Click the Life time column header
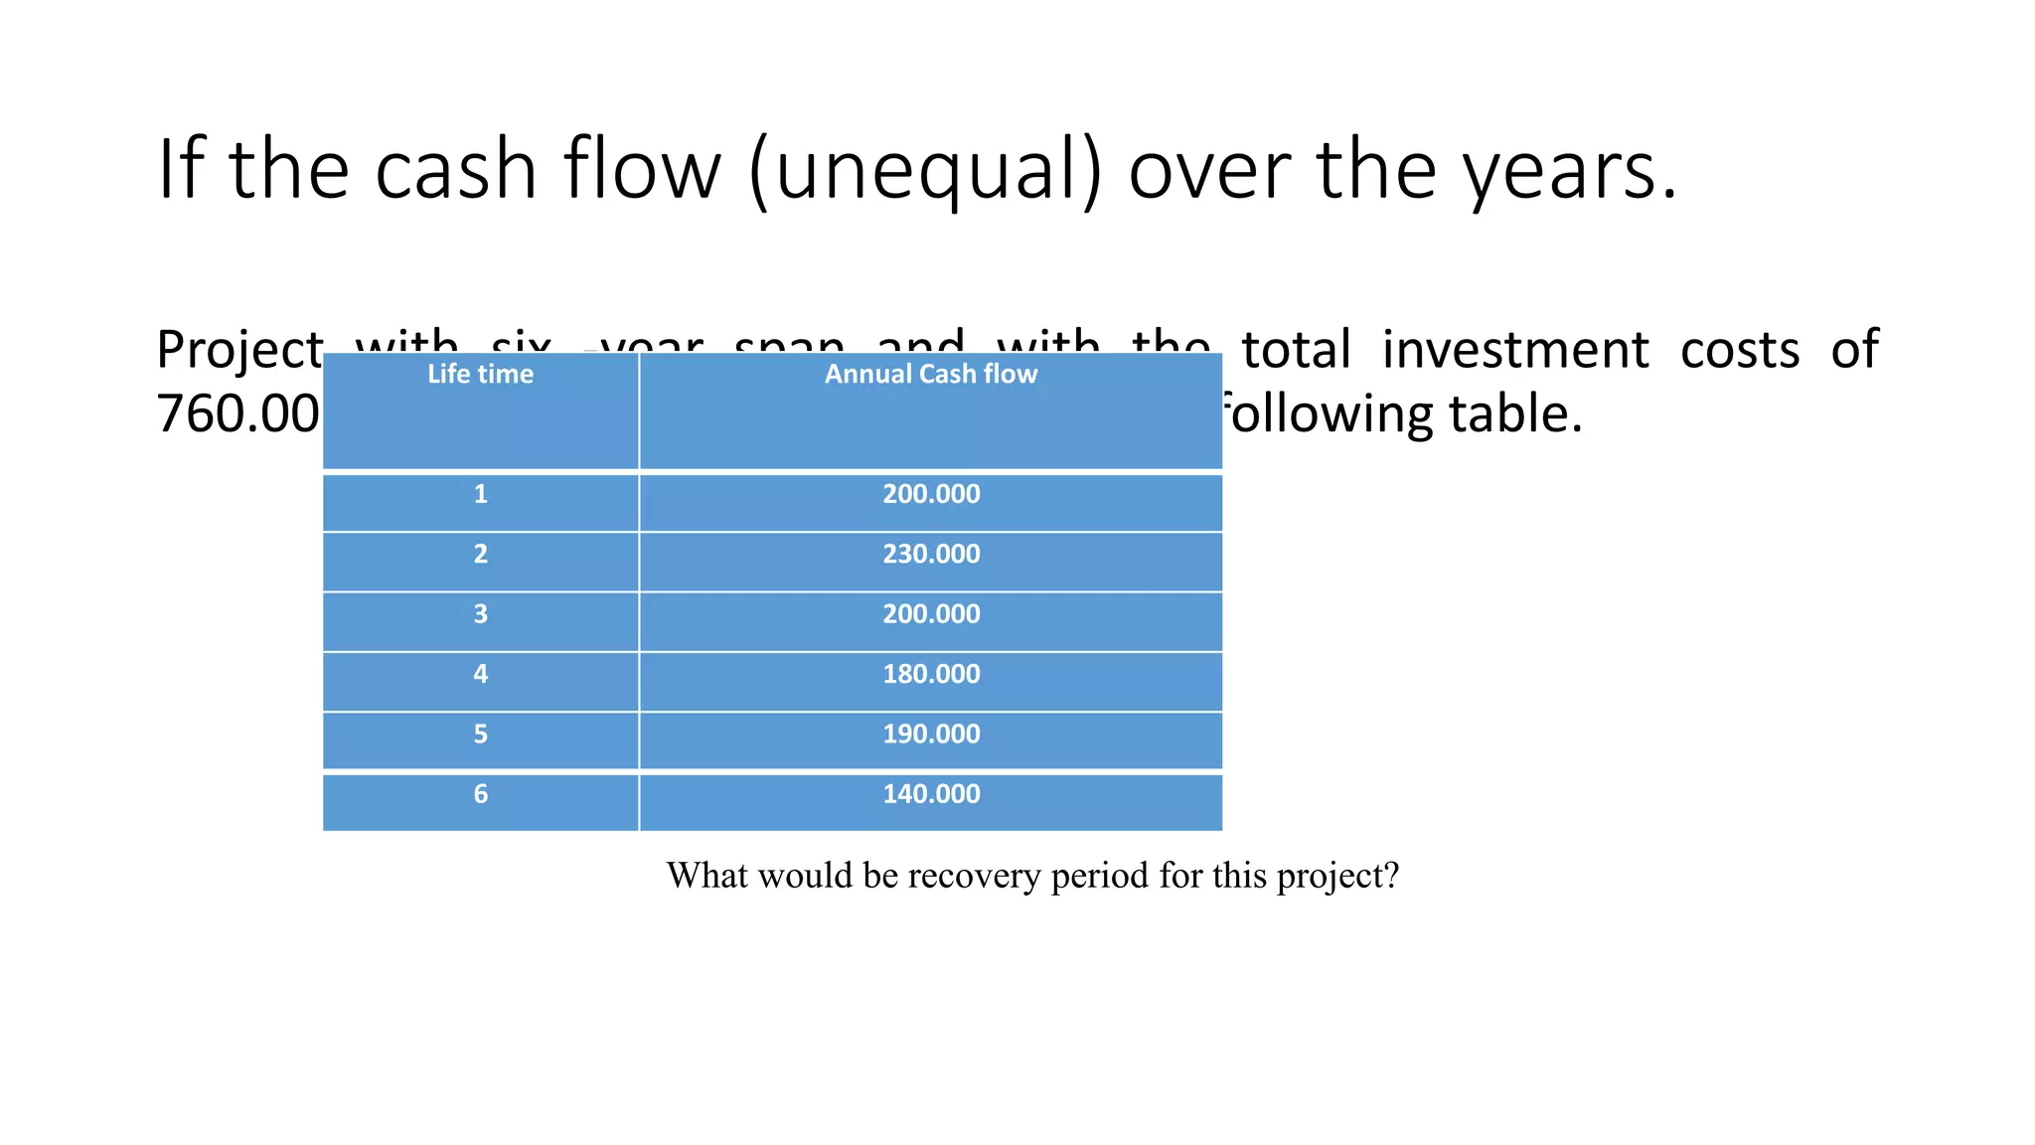click(480, 375)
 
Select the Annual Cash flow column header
click(930, 375)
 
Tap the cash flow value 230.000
click(931, 555)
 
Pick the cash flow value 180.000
click(931, 675)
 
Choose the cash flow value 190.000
click(931, 735)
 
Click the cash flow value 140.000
click(931, 794)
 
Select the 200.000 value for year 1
click(931, 495)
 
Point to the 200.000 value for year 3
click(931, 614)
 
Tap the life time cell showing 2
click(480, 555)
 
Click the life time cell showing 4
click(480, 675)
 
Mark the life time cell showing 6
click(480, 794)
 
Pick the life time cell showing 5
click(480, 735)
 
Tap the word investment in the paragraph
click(1515, 351)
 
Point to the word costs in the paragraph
click(1739, 351)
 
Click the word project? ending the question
click(1337, 876)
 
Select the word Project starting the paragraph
click(238, 351)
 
